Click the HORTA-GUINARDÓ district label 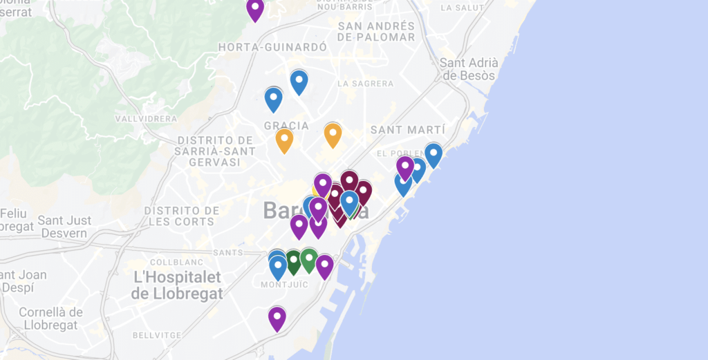272,47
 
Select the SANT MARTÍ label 408,129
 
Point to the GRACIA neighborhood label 286,125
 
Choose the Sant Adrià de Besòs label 469,69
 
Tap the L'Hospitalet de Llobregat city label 177,285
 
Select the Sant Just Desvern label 64,227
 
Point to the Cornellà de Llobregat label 51,319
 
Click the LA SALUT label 462,8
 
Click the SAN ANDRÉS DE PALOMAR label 377,32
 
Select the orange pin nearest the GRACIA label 284,140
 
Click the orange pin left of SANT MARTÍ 333,134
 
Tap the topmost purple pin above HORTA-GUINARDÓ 255,9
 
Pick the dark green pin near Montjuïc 293,261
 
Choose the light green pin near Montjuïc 308,259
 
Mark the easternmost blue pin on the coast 434,154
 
